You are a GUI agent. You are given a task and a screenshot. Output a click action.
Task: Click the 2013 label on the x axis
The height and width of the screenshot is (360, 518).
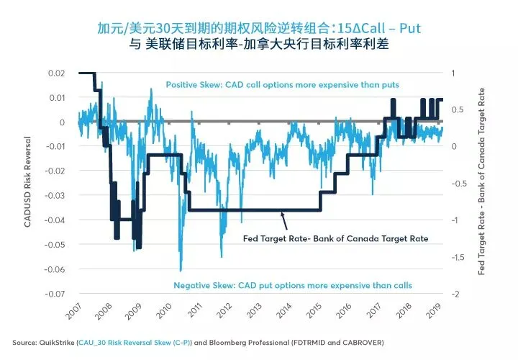coord(255,310)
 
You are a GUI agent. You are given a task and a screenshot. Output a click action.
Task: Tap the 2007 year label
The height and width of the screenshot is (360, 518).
coord(73,311)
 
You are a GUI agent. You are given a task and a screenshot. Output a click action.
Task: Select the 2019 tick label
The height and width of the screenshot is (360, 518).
coord(434,310)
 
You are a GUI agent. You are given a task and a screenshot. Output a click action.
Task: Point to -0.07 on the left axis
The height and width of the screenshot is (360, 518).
coord(55,294)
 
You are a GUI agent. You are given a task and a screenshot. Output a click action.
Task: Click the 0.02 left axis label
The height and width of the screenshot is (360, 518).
coord(57,73)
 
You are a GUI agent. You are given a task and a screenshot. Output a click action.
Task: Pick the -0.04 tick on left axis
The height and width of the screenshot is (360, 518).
coord(55,220)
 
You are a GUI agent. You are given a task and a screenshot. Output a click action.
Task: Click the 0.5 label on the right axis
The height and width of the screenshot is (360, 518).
coord(458,109)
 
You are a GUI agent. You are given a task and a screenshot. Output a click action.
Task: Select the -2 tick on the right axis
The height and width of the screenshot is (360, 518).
coord(455,294)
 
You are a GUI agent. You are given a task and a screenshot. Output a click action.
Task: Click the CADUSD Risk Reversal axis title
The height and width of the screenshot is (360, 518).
coord(27,182)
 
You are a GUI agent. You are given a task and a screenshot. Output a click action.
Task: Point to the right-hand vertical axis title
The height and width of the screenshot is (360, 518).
coord(481,181)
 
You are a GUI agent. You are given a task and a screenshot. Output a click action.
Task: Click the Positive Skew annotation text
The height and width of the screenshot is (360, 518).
coord(283,85)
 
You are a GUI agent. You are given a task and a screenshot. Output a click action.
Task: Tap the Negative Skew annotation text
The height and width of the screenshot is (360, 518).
coord(293,285)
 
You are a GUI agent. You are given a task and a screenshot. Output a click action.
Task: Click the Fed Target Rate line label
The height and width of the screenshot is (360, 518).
coord(336,238)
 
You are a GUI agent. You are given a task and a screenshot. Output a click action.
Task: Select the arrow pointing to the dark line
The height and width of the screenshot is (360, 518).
coord(284,221)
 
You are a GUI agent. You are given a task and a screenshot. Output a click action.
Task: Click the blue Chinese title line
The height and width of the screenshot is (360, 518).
coord(259,28)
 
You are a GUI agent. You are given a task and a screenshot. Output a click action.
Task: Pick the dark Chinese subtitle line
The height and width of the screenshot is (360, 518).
coord(259,44)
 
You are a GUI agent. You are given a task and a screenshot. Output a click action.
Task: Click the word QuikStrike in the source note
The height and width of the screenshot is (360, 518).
coord(57,343)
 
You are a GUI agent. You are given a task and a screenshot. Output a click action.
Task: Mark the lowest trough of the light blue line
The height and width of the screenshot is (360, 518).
coord(181,271)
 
